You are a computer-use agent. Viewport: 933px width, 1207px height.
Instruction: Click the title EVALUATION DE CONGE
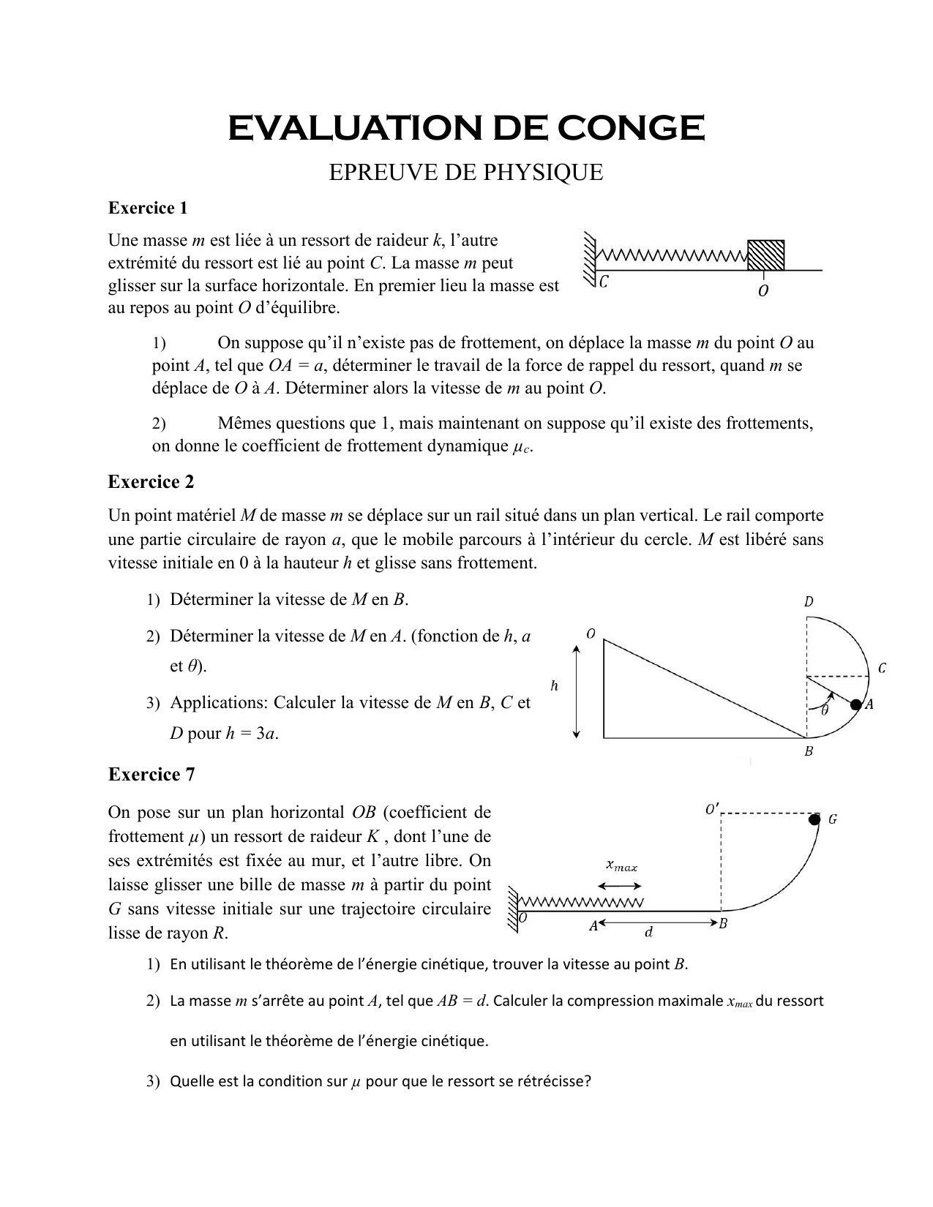466,129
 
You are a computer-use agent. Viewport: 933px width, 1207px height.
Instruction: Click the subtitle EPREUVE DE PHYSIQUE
466,173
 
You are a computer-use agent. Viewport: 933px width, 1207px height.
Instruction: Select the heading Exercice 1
148,208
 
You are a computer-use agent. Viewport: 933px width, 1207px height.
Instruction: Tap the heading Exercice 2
151,482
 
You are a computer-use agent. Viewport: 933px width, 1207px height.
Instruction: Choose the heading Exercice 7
151,775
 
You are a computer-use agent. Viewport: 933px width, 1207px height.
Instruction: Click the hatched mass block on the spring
765,253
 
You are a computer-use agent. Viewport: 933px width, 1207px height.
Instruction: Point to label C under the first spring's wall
603,282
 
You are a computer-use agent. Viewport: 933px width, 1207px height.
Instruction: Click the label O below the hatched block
763,291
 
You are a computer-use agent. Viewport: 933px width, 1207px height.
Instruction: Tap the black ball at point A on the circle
855,704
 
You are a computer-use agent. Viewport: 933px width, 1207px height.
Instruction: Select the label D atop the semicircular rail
809,602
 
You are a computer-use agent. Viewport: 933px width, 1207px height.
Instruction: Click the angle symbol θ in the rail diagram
825,710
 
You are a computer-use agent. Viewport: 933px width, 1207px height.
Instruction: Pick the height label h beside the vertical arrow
554,686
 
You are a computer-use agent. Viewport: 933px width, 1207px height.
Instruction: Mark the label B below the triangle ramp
809,751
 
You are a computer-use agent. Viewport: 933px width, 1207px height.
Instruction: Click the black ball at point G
814,819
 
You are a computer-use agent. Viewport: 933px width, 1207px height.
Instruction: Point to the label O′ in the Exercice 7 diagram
711,810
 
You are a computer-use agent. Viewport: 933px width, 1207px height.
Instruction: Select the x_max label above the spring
622,866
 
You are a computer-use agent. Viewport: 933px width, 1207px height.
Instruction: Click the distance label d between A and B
648,933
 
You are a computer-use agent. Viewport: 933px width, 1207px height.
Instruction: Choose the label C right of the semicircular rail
882,668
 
